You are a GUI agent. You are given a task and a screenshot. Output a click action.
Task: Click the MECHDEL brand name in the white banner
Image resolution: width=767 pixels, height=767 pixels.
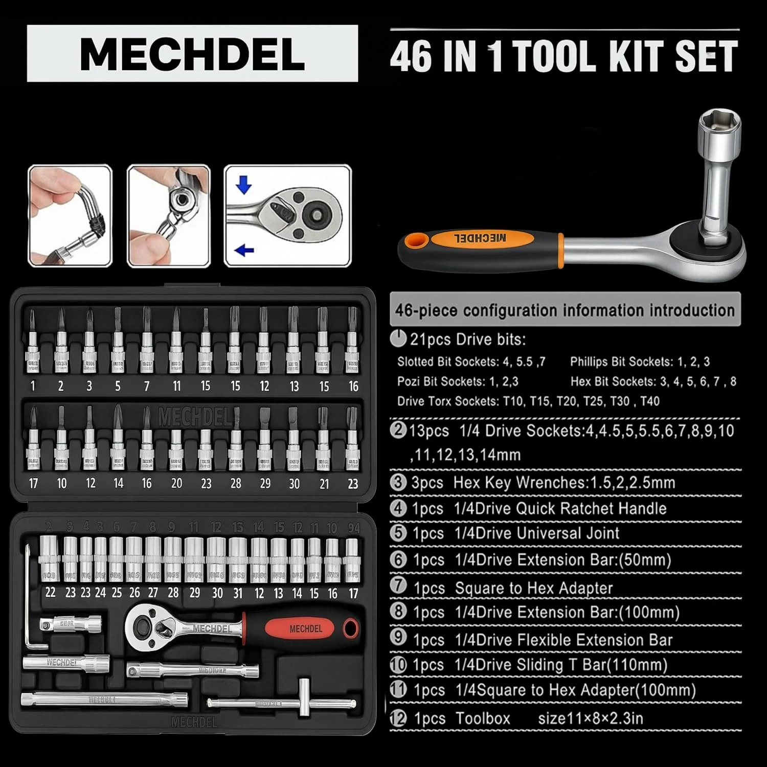pyautogui.click(x=192, y=54)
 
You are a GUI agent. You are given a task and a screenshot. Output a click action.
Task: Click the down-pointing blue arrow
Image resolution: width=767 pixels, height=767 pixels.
pyautogui.click(x=243, y=185)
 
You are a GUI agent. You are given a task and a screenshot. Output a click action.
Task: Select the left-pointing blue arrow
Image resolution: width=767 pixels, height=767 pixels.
pyautogui.click(x=244, y=250)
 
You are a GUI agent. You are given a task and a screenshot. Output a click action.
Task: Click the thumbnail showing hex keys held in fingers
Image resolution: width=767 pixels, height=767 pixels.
pyautogui.click(x=70, y=216)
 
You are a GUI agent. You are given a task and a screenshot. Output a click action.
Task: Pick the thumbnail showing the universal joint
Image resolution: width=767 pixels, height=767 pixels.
pyautogui.click(x=169, y=216)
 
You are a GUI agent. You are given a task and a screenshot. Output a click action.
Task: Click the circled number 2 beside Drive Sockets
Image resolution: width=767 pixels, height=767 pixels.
pyautogui.click(x=398, y=430)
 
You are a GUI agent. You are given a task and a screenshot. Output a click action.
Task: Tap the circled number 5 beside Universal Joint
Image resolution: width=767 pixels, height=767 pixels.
pyautogui.click(x=398, y=533)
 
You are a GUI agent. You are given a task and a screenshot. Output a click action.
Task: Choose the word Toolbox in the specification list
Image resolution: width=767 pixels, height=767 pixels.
pyautogui.click(x=483, y=718)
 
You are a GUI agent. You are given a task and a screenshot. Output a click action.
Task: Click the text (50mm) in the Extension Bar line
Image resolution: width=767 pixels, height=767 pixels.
pyautogui.click(x=645, y=560)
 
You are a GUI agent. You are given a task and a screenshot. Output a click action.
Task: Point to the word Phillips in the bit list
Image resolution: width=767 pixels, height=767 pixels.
pyautogui.click(x=589, y=362)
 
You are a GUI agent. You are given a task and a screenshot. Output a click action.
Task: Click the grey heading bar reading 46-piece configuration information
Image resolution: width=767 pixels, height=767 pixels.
pyautogui.click(x=565, y=310)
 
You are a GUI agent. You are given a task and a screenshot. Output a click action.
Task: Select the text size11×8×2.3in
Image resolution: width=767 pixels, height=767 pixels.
pyautogui.click(x=591, y=718)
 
